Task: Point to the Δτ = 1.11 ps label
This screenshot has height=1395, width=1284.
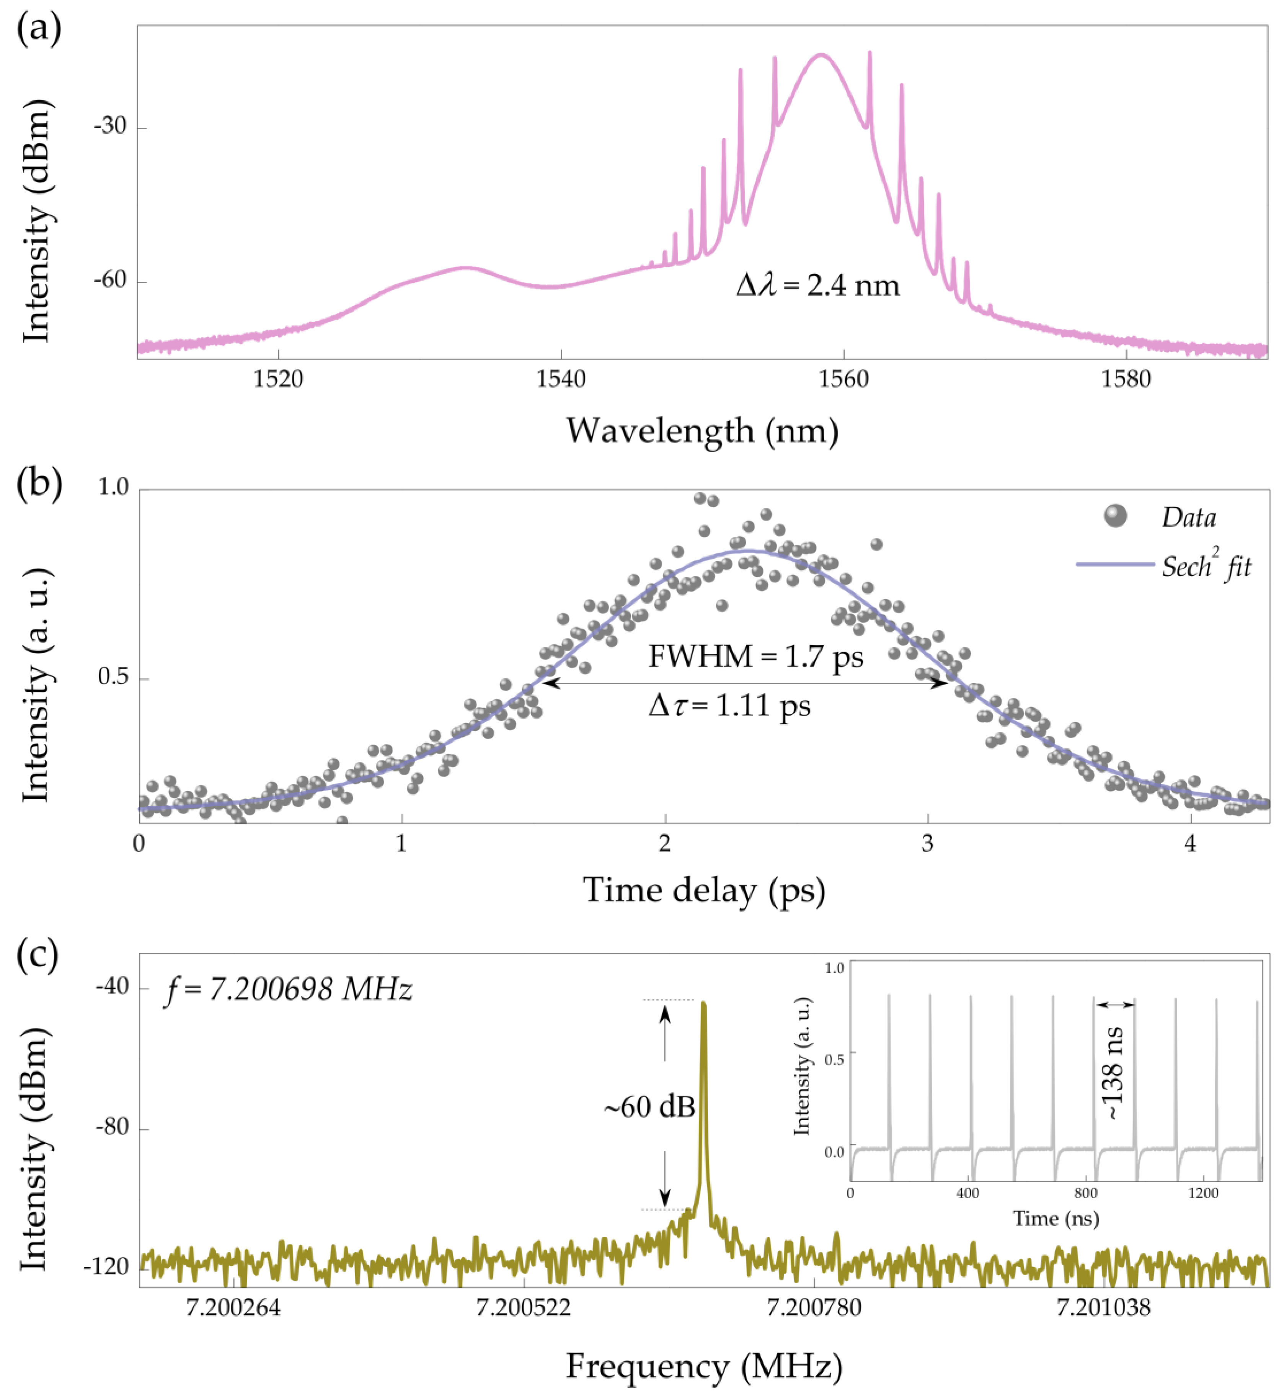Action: pyautogui.click(x=729, y=706)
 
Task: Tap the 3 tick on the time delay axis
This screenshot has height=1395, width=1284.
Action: pyautogui.click(x=928, y=843)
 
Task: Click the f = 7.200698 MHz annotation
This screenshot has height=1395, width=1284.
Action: pyautogui.click(x=288, y=989)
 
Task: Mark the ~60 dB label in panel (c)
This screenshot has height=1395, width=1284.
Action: pyautogui.click(x=649, y=1107)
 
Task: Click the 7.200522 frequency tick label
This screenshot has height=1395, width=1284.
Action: pyautogui.click(x=523, y=1307)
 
